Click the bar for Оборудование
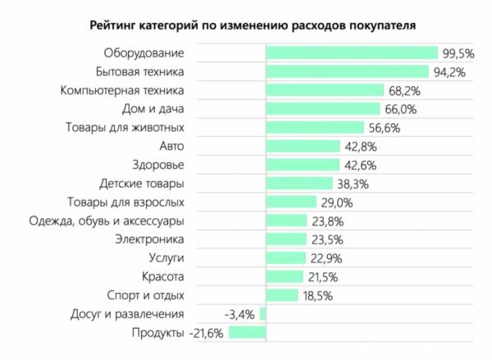pos(352,53)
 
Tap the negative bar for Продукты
pos(247,332)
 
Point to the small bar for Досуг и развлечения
pos(262,313)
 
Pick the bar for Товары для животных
pos(315,128)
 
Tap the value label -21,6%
pos(207,332)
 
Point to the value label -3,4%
pos(240,313)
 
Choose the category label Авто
pos(171,147)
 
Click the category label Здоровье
pos(158,165)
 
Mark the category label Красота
pos(162,276)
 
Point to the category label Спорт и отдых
pos(146,295)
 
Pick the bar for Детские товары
pos(299,184)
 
